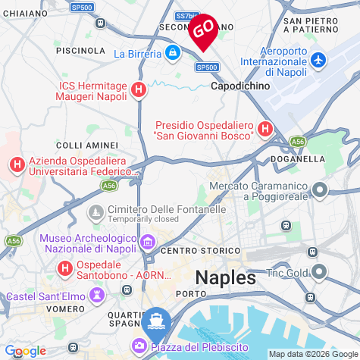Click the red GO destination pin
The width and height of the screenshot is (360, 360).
click(202, 31)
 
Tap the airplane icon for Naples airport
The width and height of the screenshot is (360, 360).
click(318, 59)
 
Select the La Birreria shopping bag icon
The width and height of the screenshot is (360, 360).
click(173, 53)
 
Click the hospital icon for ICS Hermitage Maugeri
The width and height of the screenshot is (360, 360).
click(138, 90)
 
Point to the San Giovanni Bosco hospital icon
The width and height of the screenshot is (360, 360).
click(265, 130)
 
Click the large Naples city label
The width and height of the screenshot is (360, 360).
click(226, 277)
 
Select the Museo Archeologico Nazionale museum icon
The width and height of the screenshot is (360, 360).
click(147, 243)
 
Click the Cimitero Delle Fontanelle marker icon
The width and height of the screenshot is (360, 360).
click(96, 210)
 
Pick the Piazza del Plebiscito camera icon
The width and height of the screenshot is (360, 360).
click(141, 346)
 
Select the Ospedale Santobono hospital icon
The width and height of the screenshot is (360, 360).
click(66, 268)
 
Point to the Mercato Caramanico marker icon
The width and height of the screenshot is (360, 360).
click(319, 190)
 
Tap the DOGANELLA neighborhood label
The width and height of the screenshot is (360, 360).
click(298, 159)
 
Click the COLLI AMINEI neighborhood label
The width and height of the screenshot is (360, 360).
click(87, 145)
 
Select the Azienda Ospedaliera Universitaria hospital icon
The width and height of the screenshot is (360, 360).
click(17, 164)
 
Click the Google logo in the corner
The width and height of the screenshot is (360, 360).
click(25, 351)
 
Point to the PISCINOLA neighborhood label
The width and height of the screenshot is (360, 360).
click(80, 50)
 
